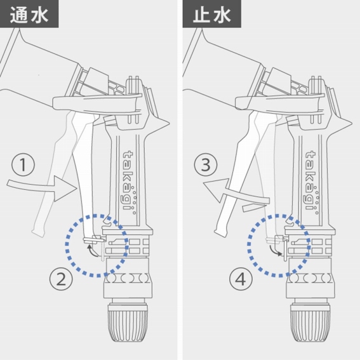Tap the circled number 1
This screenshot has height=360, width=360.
pyautogui.click(x=23, y=164)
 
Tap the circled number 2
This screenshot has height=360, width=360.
pyautogui.click(x=61, y=279)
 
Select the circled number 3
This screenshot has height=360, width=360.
pyautogui.click(x=206, y=164)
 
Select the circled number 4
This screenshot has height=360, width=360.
pyautogui.click(x=241, y=279)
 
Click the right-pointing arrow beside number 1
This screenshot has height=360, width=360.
pyautogui.click(x=41, y=187)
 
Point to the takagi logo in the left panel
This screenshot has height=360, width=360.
pyautogui.click(x=129, y=182)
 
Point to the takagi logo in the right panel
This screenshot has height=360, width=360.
pyautogui.click(x=312, y=182)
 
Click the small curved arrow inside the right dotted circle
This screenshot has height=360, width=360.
pyautogui.click(x=274, y=251)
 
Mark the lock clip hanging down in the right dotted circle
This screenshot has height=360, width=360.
pyautogui.click(x=285, y=250)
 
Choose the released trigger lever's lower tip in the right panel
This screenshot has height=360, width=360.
pyautogui.click(x=220, y=232)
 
